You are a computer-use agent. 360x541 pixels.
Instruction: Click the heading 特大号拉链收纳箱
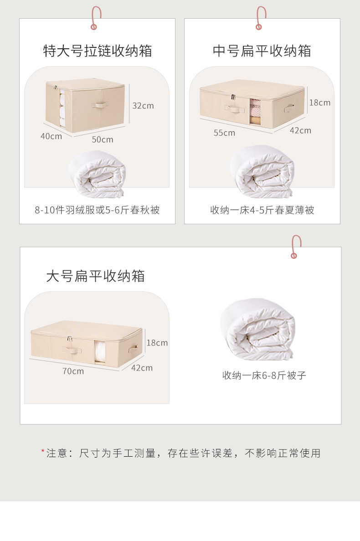point(98,51)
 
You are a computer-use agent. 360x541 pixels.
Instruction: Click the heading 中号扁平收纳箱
point(262,51)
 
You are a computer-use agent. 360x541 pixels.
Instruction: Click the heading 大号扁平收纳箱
point(95,276)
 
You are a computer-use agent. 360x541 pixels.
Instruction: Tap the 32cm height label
point(143,106)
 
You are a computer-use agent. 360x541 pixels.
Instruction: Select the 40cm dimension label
point(51,136)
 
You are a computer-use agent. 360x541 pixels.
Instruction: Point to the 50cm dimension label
point(102,139)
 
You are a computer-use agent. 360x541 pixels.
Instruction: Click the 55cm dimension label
point(224,133)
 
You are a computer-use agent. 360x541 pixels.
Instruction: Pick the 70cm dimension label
point(73,371)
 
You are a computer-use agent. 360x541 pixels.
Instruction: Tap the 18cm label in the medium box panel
point(319,103)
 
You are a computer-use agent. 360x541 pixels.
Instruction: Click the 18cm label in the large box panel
point(157,343)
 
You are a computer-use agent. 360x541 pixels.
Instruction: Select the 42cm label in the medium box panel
point(300,130)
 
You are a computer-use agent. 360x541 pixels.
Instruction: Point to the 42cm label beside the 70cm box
point(142,368)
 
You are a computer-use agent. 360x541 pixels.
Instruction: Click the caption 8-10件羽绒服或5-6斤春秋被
point(97,210)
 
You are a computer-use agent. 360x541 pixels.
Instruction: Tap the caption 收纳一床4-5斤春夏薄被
point(262,210)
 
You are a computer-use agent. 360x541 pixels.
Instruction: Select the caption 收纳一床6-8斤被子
point(264,376)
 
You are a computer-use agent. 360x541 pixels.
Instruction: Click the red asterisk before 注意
point(43,452)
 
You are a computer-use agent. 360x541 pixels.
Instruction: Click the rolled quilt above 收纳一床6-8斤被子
point(258,328)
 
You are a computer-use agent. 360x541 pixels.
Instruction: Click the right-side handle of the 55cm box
point(288,108)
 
